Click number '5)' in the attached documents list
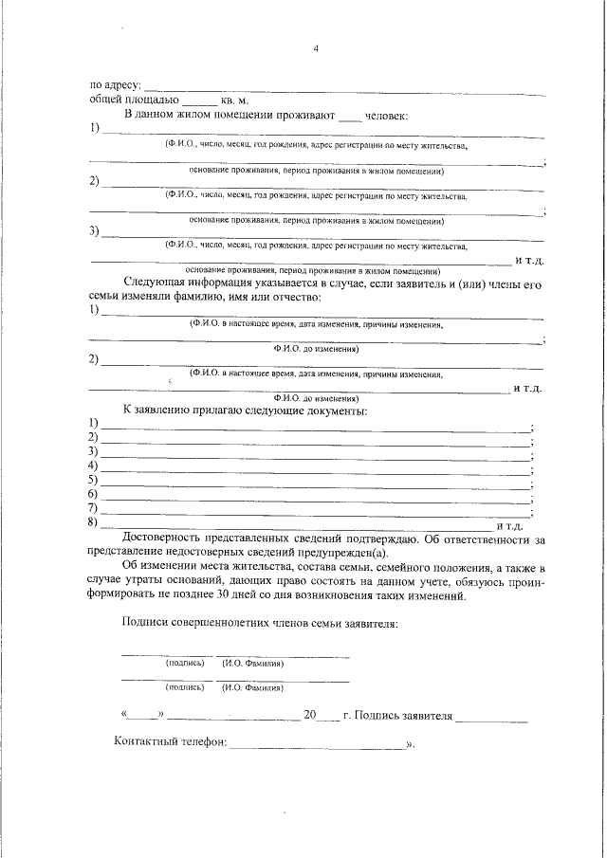tap(93, 480)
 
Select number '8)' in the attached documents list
tap(93, 522)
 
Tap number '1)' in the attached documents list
tap(93, 423)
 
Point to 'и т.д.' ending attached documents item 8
tap(509, 524)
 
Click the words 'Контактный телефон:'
tap(170, 742)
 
